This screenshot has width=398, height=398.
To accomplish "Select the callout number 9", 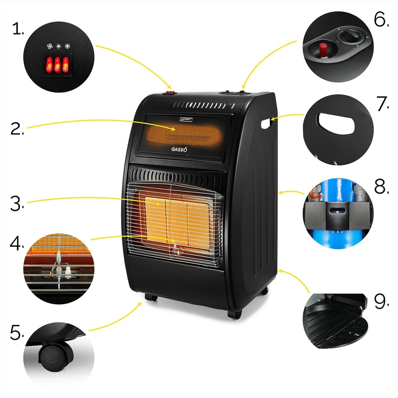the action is [381, 301].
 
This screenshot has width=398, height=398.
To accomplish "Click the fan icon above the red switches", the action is [50, 46].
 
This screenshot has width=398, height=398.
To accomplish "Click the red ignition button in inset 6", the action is [323, 49].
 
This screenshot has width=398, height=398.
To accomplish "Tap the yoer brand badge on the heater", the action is [186, 119].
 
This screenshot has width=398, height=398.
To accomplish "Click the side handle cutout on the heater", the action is [266, 123].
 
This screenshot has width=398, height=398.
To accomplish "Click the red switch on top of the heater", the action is [169, 93].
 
